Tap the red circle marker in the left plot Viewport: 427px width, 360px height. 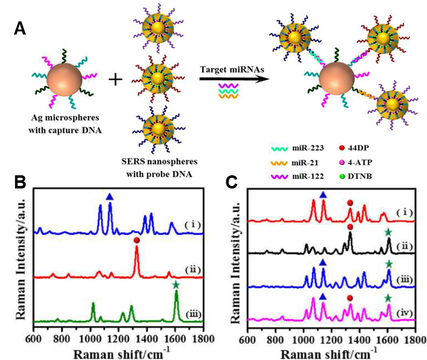click(x=136, y=241)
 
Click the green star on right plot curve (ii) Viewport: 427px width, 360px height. click(x=389, y=232)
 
